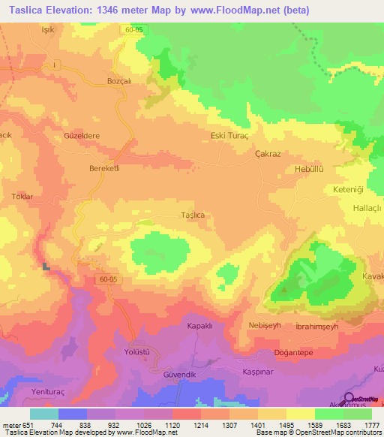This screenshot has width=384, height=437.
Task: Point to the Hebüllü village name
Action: pos(307,170)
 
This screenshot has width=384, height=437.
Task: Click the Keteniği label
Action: pos(347,189)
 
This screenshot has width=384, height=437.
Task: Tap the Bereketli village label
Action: pos(104,168)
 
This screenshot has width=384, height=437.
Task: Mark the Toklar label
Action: pos(22,197)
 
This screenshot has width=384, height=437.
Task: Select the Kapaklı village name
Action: pos(201,327)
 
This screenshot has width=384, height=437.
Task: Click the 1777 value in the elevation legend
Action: pos(373,425)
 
